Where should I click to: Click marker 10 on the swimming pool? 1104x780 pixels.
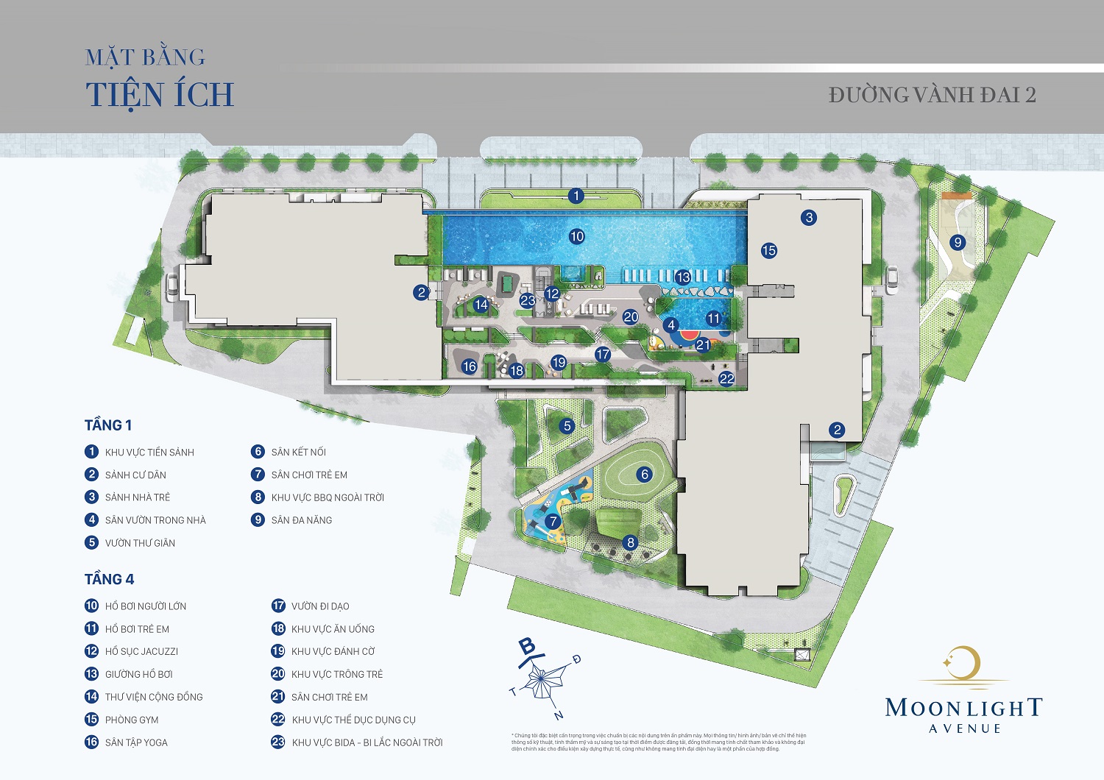pos(577,236)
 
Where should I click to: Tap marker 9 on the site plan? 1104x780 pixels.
pos(958,242)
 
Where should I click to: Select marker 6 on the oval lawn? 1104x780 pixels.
pos(645,475)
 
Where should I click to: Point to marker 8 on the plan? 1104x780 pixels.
pos(630,543)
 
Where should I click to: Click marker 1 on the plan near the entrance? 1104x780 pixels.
pos(576,196)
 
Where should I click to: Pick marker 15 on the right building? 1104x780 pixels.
pos(769,250)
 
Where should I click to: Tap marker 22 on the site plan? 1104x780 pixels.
pos(726,379)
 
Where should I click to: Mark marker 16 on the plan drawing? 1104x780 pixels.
pos(470,366)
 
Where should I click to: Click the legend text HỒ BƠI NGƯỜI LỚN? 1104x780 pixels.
pos(146,606)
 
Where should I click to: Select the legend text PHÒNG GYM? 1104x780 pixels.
pos(132,720)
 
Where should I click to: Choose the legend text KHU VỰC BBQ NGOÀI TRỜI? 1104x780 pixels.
pos(328,497)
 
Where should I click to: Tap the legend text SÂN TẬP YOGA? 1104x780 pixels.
pos(136,742)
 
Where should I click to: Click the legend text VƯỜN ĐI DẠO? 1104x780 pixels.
pos(320,606)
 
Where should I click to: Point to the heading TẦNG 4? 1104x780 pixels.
pos(109,579)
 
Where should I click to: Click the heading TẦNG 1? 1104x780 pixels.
pos(108,425)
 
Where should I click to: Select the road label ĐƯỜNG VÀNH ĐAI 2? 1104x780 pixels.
pos(932,95)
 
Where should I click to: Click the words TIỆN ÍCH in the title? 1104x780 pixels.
pos(160,94)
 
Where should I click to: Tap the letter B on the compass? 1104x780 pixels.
pos(528,647)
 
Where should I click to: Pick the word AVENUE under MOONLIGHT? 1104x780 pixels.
pos(965,728)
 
